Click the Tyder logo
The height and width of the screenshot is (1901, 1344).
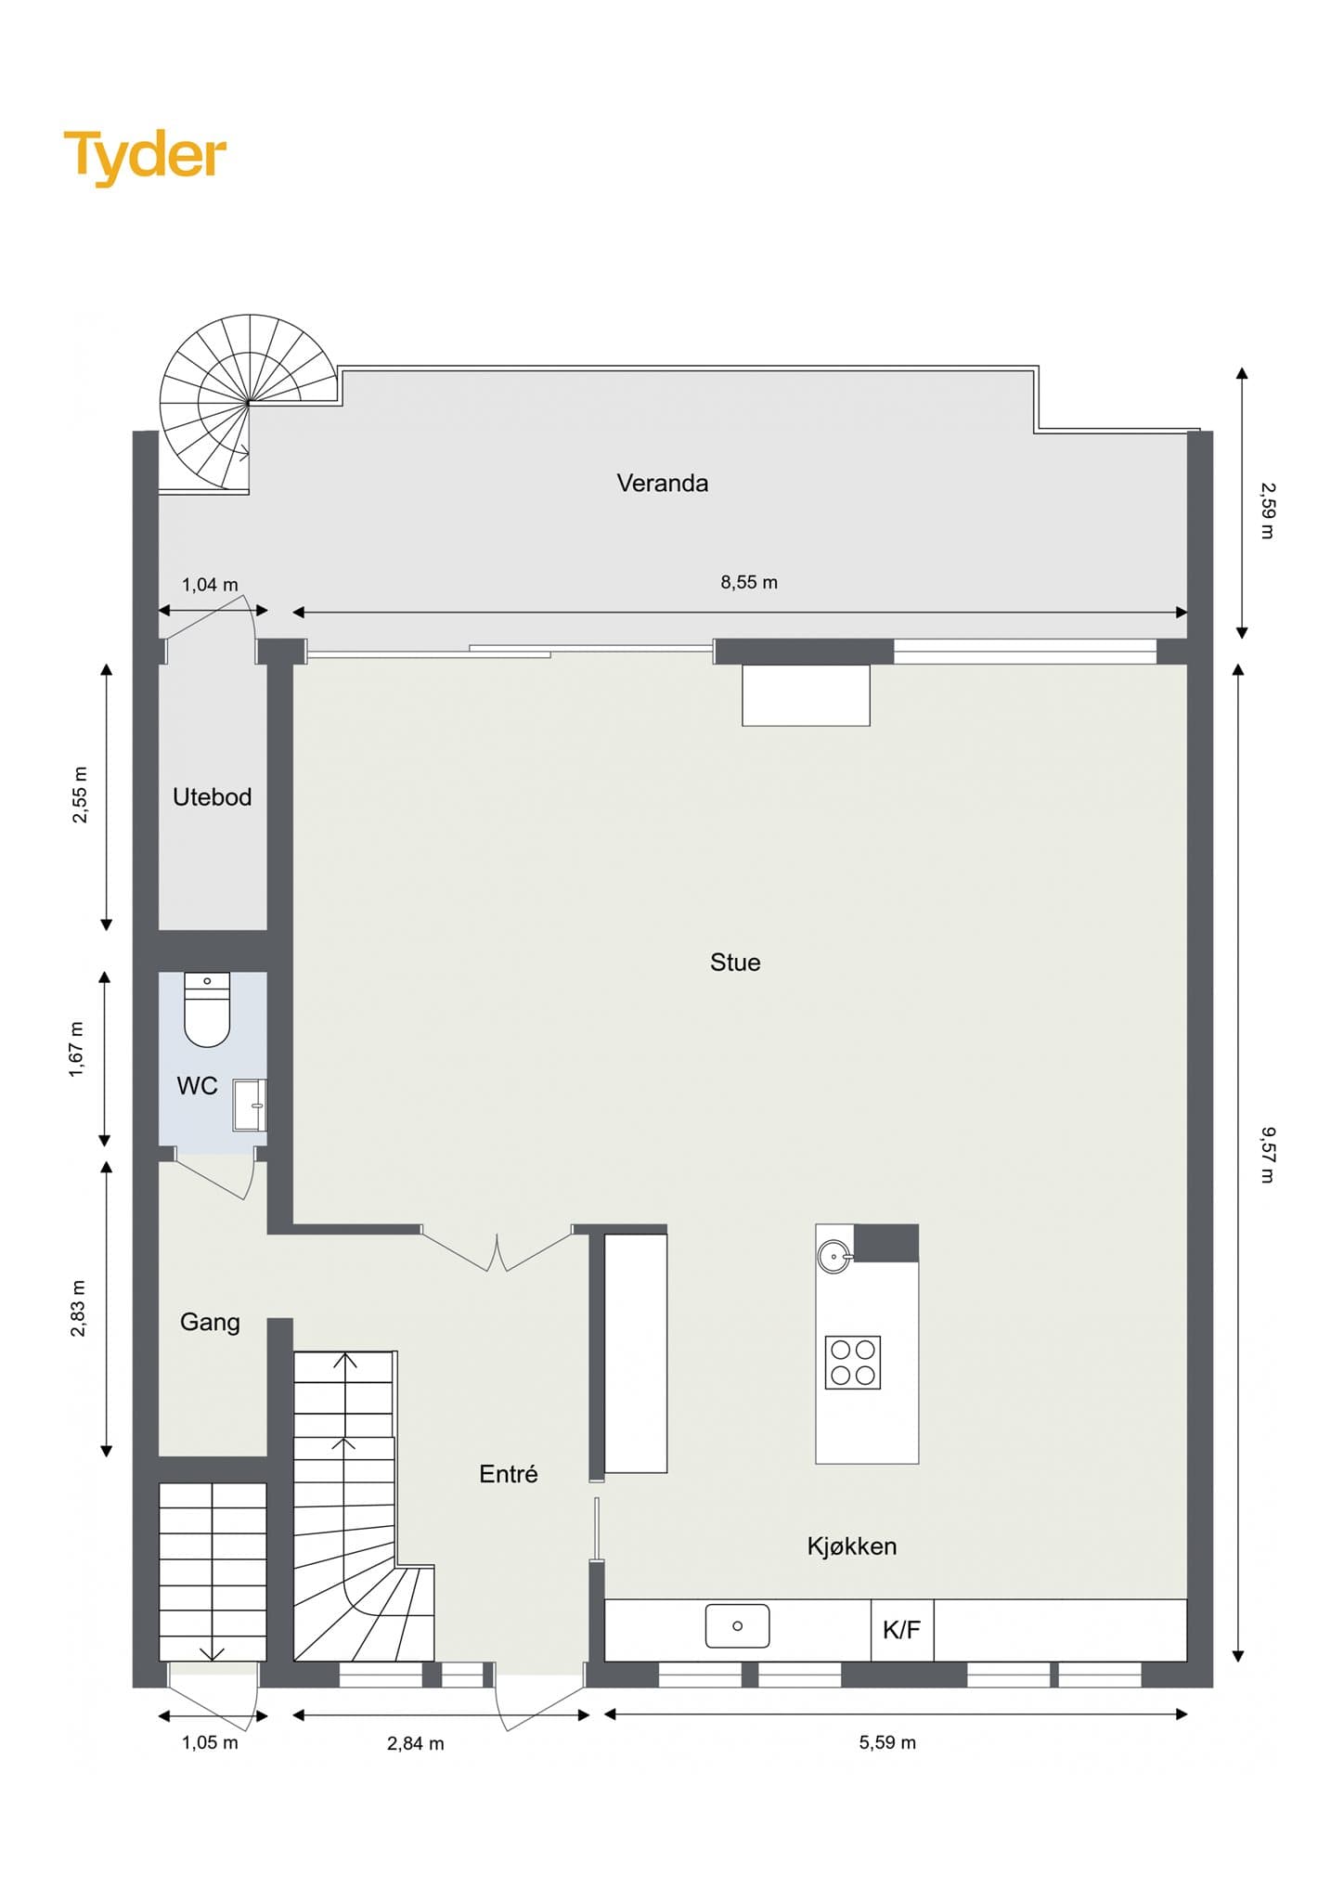(x=145, y=157)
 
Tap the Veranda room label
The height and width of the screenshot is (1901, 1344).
(x=663, y=483)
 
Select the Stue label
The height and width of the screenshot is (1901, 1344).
(x=735, y=963)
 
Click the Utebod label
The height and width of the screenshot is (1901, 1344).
(x=212, y=797)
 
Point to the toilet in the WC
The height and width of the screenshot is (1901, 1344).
(x=207, y=1009)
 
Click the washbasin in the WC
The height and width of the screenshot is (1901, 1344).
(x=250, y=1106)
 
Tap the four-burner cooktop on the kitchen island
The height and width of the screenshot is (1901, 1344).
(x=853, y=1363)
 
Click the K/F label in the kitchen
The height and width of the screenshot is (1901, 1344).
(x=901, y=1629)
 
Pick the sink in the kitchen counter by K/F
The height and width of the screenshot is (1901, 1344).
(x=737, y=1625)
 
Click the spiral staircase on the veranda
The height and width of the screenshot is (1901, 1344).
(x=248, y=404)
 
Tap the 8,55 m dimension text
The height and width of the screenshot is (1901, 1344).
(x=749, y=583)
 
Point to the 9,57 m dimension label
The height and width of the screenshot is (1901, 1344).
(x=1268, y=1155)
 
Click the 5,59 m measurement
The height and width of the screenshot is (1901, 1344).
(x=887, y=1742)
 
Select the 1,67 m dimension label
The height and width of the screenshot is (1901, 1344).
(x=77, y=1049)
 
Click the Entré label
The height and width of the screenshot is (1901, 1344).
(x=509, y=1474)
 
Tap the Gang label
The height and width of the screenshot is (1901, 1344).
(x=210, y=1322)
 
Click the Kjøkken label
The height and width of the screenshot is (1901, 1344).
(x=852, y=1546)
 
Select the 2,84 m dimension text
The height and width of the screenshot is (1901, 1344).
(x=416, y=1743)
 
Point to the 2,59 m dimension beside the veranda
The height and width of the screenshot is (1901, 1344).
(x=1268, y=510)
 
